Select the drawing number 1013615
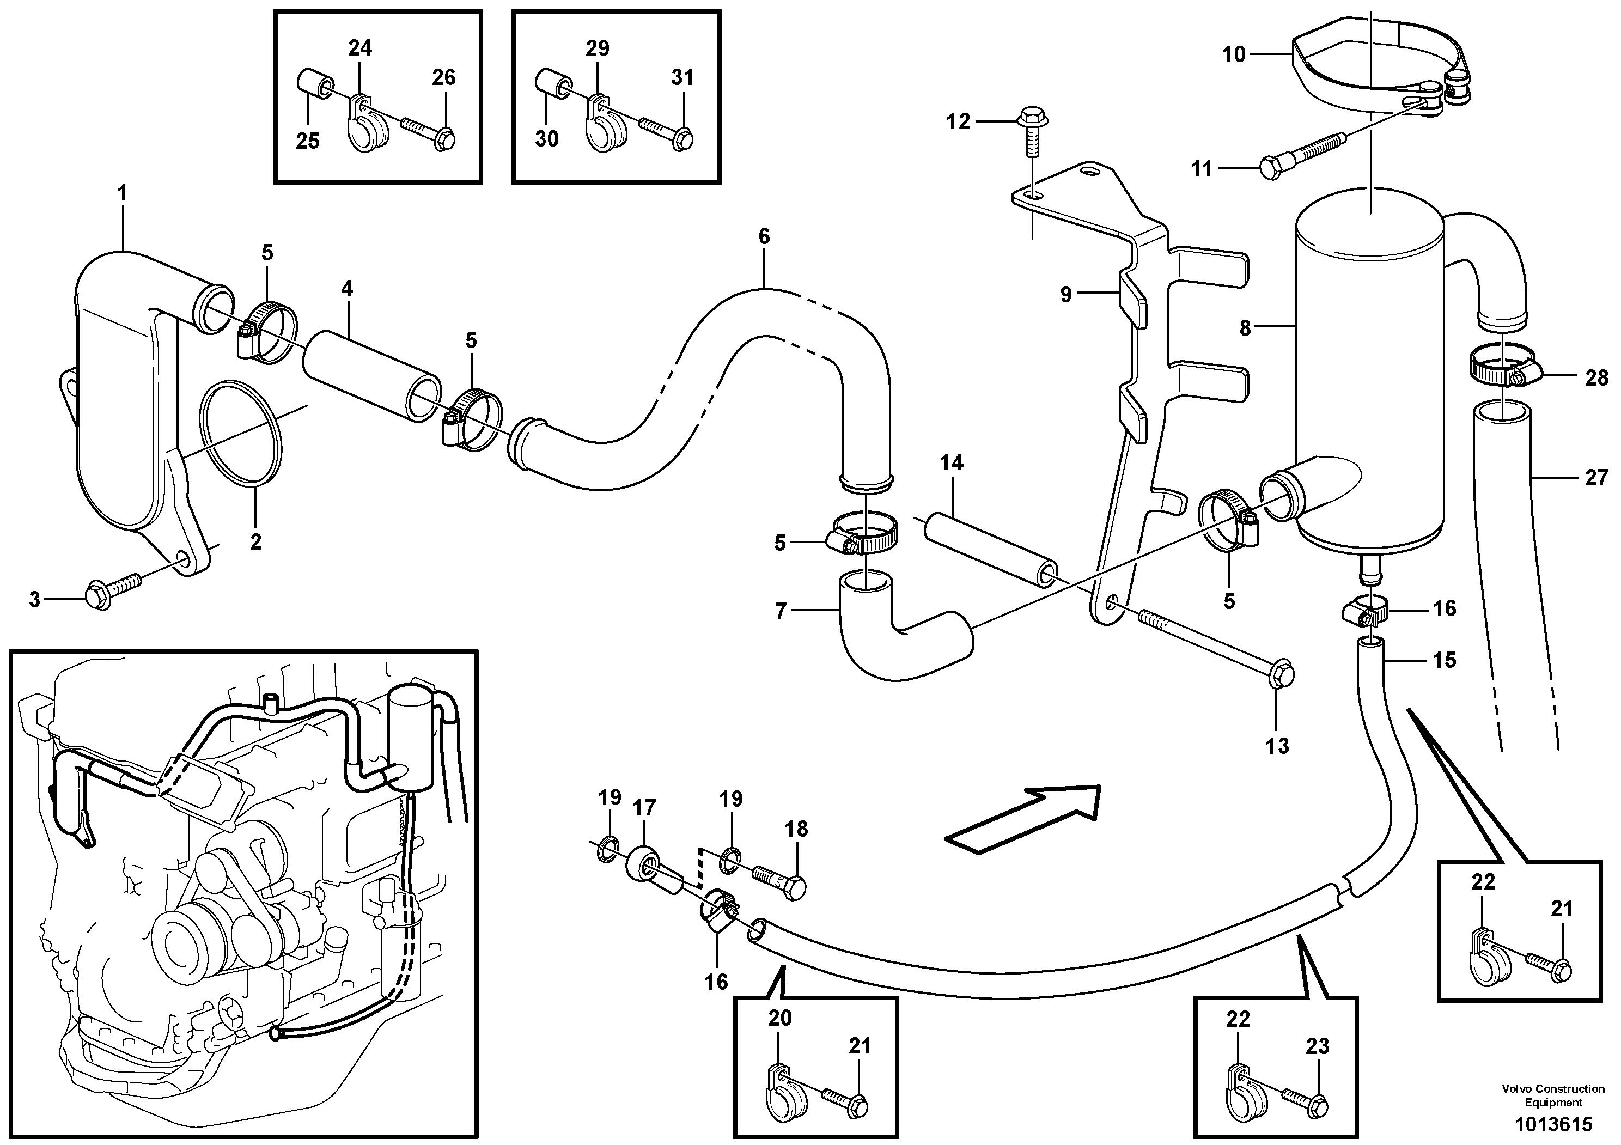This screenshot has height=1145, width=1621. tap(1552, 1124)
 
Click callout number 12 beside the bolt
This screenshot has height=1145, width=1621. tap(958, 122)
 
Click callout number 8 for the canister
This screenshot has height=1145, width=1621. tap(1245, 328)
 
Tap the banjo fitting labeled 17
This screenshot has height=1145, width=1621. tap(653, 870)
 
